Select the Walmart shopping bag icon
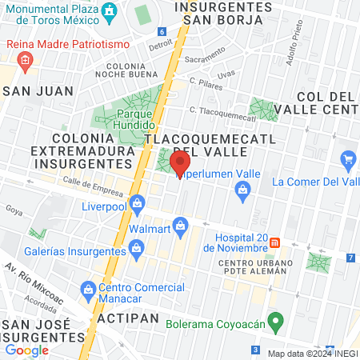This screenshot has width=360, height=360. tap(181, 229)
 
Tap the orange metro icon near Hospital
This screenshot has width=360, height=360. tap(274, 242)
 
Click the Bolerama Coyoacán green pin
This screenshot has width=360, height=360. tap(276, 324)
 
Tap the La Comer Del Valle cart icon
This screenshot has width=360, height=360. tap(347, 162)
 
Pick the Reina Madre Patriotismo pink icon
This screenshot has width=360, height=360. tap(25, 60)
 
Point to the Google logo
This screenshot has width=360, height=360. tap(27, 350)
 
